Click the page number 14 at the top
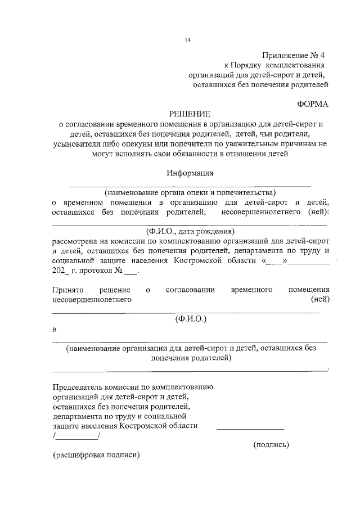(188, 39)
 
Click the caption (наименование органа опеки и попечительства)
(190, 192)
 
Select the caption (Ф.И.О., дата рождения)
(190, 232)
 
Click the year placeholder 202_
(61, 271)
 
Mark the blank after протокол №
(130, 271)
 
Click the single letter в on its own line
(55, 328)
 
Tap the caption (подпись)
(271, 444)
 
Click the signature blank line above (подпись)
(250, 430)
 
